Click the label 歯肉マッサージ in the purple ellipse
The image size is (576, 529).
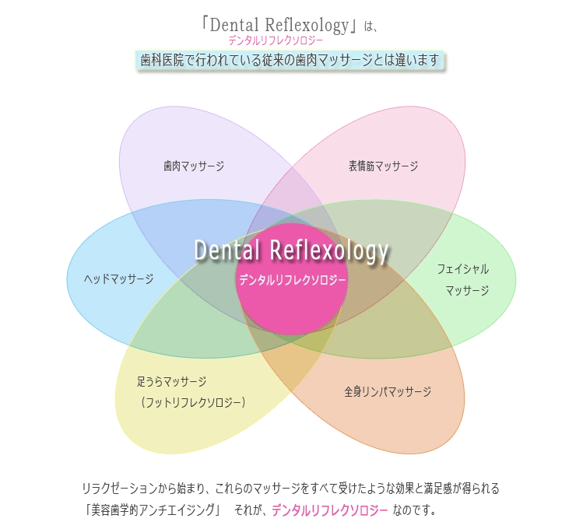tap(194, 166)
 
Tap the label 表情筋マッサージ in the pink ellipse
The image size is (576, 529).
tap(383, 166)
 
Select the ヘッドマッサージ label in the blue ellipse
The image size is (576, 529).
tap(119, 279)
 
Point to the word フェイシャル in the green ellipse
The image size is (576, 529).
tap(463, 269)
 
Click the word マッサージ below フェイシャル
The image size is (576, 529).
tap(467, 290)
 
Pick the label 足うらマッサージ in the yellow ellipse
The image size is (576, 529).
tap(171, 381)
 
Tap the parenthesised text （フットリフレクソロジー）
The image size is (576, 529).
tap(193, 402)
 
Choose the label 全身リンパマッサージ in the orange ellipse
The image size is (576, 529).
tap(388, 391)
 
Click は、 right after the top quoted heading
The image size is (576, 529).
tap(372, 26)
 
